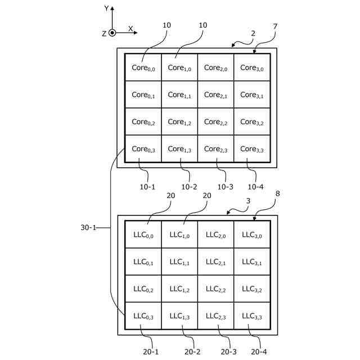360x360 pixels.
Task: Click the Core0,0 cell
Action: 143,67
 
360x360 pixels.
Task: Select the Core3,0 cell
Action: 252,67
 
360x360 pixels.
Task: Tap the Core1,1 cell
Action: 179,94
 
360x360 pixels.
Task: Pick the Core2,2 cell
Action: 215,121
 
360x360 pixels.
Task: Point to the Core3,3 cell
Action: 252,148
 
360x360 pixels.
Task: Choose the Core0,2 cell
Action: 143,121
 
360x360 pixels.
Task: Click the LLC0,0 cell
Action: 143,235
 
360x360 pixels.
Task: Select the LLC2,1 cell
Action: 215,262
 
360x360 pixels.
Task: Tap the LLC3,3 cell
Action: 252,316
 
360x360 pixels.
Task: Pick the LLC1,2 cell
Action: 179,289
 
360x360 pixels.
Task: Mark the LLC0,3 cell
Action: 143,316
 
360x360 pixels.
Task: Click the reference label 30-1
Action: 88,227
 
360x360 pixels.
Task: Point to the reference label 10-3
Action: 225,187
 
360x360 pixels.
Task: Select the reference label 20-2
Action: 192,352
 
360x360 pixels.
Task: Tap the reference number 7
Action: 275,26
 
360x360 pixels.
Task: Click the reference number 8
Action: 277,193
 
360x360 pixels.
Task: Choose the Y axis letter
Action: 106,8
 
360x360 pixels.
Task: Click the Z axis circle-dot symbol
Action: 112,33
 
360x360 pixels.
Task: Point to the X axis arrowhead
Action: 136,33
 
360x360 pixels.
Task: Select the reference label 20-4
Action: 259,352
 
